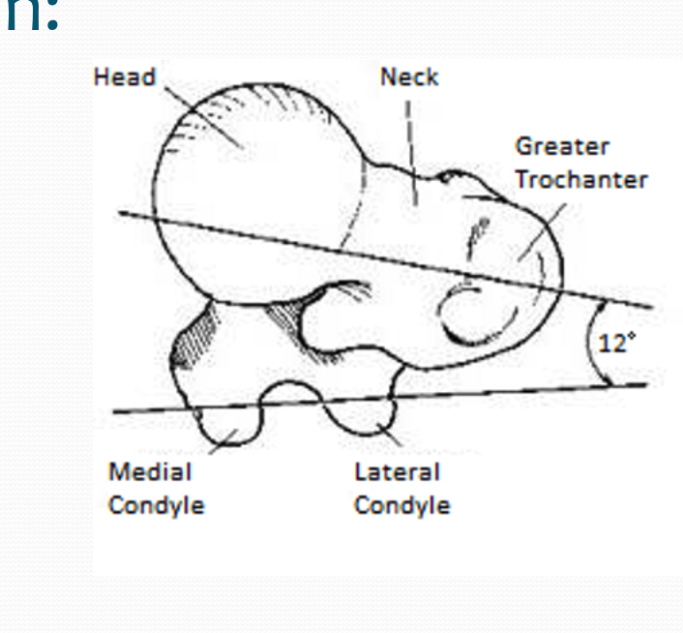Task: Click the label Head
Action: click(x=125, y=77)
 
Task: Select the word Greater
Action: click(x=562, y=147)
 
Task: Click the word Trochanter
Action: click(x=580, y=179)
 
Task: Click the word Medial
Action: click(x=149, y=472)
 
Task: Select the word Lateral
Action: click(x=397, y=472)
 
